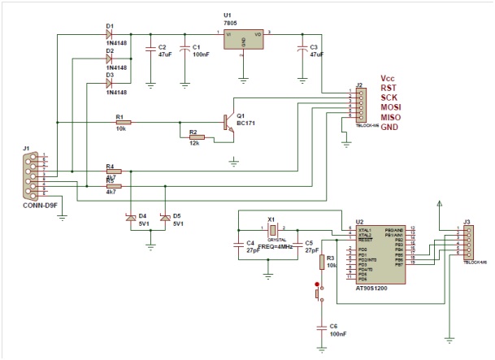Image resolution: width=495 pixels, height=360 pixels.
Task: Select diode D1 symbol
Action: point(109,34)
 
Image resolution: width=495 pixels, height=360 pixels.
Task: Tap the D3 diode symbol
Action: point(109,84)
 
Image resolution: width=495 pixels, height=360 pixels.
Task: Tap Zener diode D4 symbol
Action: point(129,217)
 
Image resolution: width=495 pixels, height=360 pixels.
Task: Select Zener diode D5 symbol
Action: point(163,217)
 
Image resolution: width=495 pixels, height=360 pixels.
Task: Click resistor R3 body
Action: point(322,262)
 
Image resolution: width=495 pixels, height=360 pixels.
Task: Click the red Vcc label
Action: point(389,78)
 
